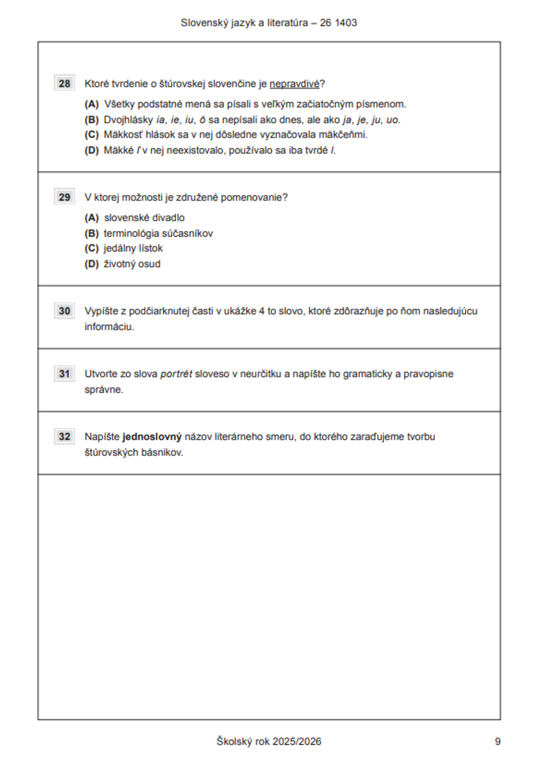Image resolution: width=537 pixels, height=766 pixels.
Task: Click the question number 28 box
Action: coord(64,84)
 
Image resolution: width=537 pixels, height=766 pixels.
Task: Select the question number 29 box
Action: coord(64,198)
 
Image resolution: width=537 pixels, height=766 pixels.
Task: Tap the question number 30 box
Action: coord(64,311)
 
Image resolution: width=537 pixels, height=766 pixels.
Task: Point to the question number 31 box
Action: coord(64,374)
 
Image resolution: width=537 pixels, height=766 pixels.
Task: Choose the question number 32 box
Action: coord(64,436)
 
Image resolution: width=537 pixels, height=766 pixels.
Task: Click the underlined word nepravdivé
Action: coord(294,84)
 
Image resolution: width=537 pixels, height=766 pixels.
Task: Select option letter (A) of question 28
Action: coord(92,104)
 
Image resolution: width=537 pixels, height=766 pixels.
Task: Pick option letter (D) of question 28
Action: coord(92,151)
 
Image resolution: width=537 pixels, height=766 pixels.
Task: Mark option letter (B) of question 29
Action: coord(92,234)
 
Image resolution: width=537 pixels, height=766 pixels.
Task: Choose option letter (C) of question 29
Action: coord(92,249)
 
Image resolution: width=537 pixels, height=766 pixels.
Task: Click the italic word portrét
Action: coord(176,374)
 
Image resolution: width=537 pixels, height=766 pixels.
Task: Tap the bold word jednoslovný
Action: coord(152,437)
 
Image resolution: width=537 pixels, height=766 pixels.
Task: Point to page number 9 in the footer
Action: coord(498,741)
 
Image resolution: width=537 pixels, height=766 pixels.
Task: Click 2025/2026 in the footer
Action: coord(296,741)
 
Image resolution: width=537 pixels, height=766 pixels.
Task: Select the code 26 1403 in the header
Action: coord(338,23)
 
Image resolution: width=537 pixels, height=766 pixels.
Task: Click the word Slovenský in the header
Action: coord(202,23)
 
